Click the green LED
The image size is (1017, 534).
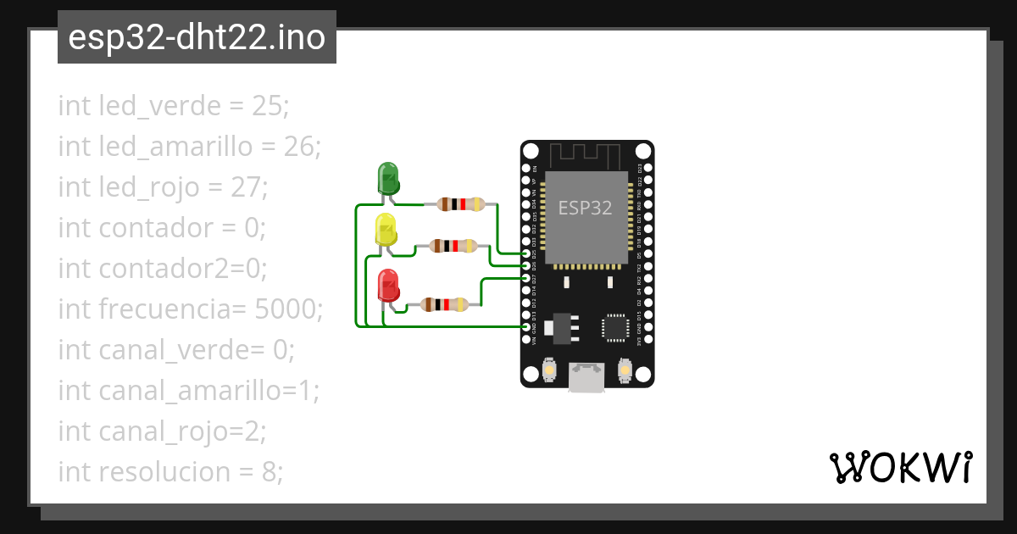click(387, 178)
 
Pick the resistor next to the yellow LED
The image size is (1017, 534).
click(453, 246)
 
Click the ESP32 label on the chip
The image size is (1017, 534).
click(585, 208)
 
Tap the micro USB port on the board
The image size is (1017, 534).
click(586, 377)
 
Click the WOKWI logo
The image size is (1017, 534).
click(900, 467)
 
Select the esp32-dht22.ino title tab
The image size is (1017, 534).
click(197, 37)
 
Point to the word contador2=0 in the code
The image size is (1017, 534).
click(182, 269)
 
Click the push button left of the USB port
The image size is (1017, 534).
click(548, 370)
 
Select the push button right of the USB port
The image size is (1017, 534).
click(625, 370)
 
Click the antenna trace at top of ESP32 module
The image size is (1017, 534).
click(586, 155)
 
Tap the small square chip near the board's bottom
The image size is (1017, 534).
click(614, 328)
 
